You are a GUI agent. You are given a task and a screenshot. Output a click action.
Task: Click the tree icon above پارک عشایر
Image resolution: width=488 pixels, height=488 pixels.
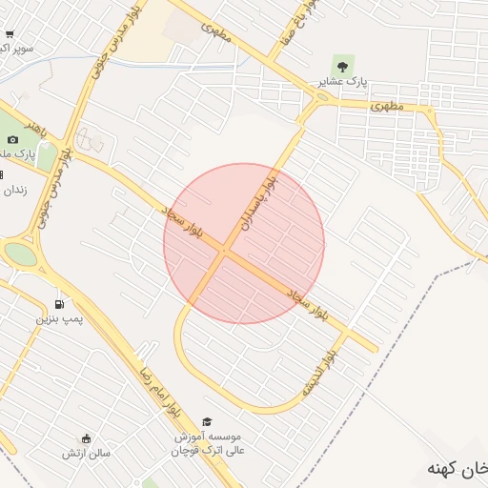click(x=342, y=66)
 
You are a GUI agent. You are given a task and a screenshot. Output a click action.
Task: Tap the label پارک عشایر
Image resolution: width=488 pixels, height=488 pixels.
click(x=343, y=83)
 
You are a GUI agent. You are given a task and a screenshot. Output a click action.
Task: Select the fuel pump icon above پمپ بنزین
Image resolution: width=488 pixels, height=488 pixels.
click(x=60, y=304)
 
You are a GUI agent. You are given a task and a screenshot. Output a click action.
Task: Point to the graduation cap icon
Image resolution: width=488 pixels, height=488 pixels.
click(x=208, y=420)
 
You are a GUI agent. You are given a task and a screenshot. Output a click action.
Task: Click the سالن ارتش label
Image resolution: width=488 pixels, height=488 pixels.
click(x=87, y=453)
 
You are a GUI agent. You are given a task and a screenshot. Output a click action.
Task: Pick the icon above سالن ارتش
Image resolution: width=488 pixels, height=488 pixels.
click(x=87, y=438)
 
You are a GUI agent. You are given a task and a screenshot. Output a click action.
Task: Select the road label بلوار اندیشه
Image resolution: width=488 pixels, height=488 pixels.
click(x=318, y=373)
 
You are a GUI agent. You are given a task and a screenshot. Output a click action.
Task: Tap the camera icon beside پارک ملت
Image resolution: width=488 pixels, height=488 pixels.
click(x=13, y=140)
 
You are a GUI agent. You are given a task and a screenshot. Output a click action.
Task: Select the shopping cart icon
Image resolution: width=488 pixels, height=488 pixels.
click(x=9, y=34)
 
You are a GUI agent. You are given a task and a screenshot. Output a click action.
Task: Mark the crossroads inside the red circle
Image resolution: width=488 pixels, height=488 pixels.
click(x=225, y=251)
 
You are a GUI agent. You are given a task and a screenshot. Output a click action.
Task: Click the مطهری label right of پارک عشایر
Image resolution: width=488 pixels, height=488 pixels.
click(x=388, y=105)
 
